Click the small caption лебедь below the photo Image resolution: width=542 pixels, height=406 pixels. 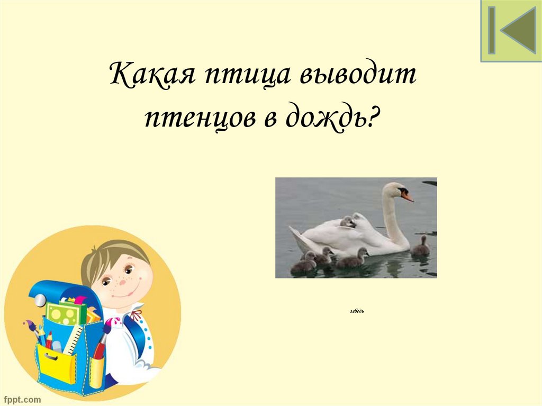click(x=357, y=310)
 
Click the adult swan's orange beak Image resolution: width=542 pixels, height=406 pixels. click(x=407, y=196)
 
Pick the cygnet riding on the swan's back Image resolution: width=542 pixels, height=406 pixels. click(x=348, y=222)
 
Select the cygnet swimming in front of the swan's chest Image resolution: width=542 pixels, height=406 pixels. click(x=421, y=247)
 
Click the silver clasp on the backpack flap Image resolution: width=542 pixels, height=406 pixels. click(x=40, y=300)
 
